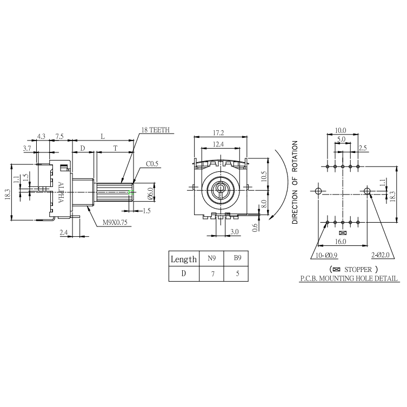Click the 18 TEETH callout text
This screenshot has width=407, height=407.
tap(155, 130)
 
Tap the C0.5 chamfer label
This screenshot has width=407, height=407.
tap(152, 164)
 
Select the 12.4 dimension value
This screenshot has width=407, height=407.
tap(218, 144)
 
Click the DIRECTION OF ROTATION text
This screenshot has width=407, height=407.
tap(295, 183)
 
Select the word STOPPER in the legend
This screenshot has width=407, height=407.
tap(357, 269)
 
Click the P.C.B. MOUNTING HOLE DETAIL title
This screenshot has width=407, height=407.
tap(349, 278)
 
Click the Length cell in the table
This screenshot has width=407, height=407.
tap(184, 259)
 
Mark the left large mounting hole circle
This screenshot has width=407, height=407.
tap(318, 191)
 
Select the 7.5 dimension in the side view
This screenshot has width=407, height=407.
tap(59, 137)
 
